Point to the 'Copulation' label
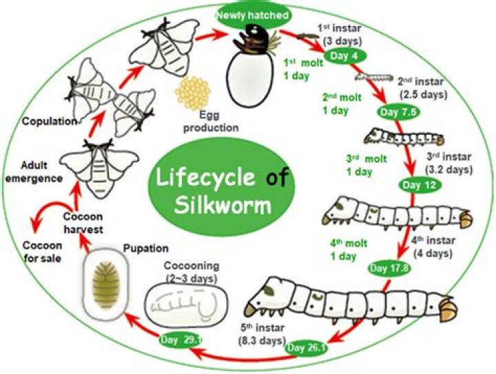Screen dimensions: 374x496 click(x=46, y=122)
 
